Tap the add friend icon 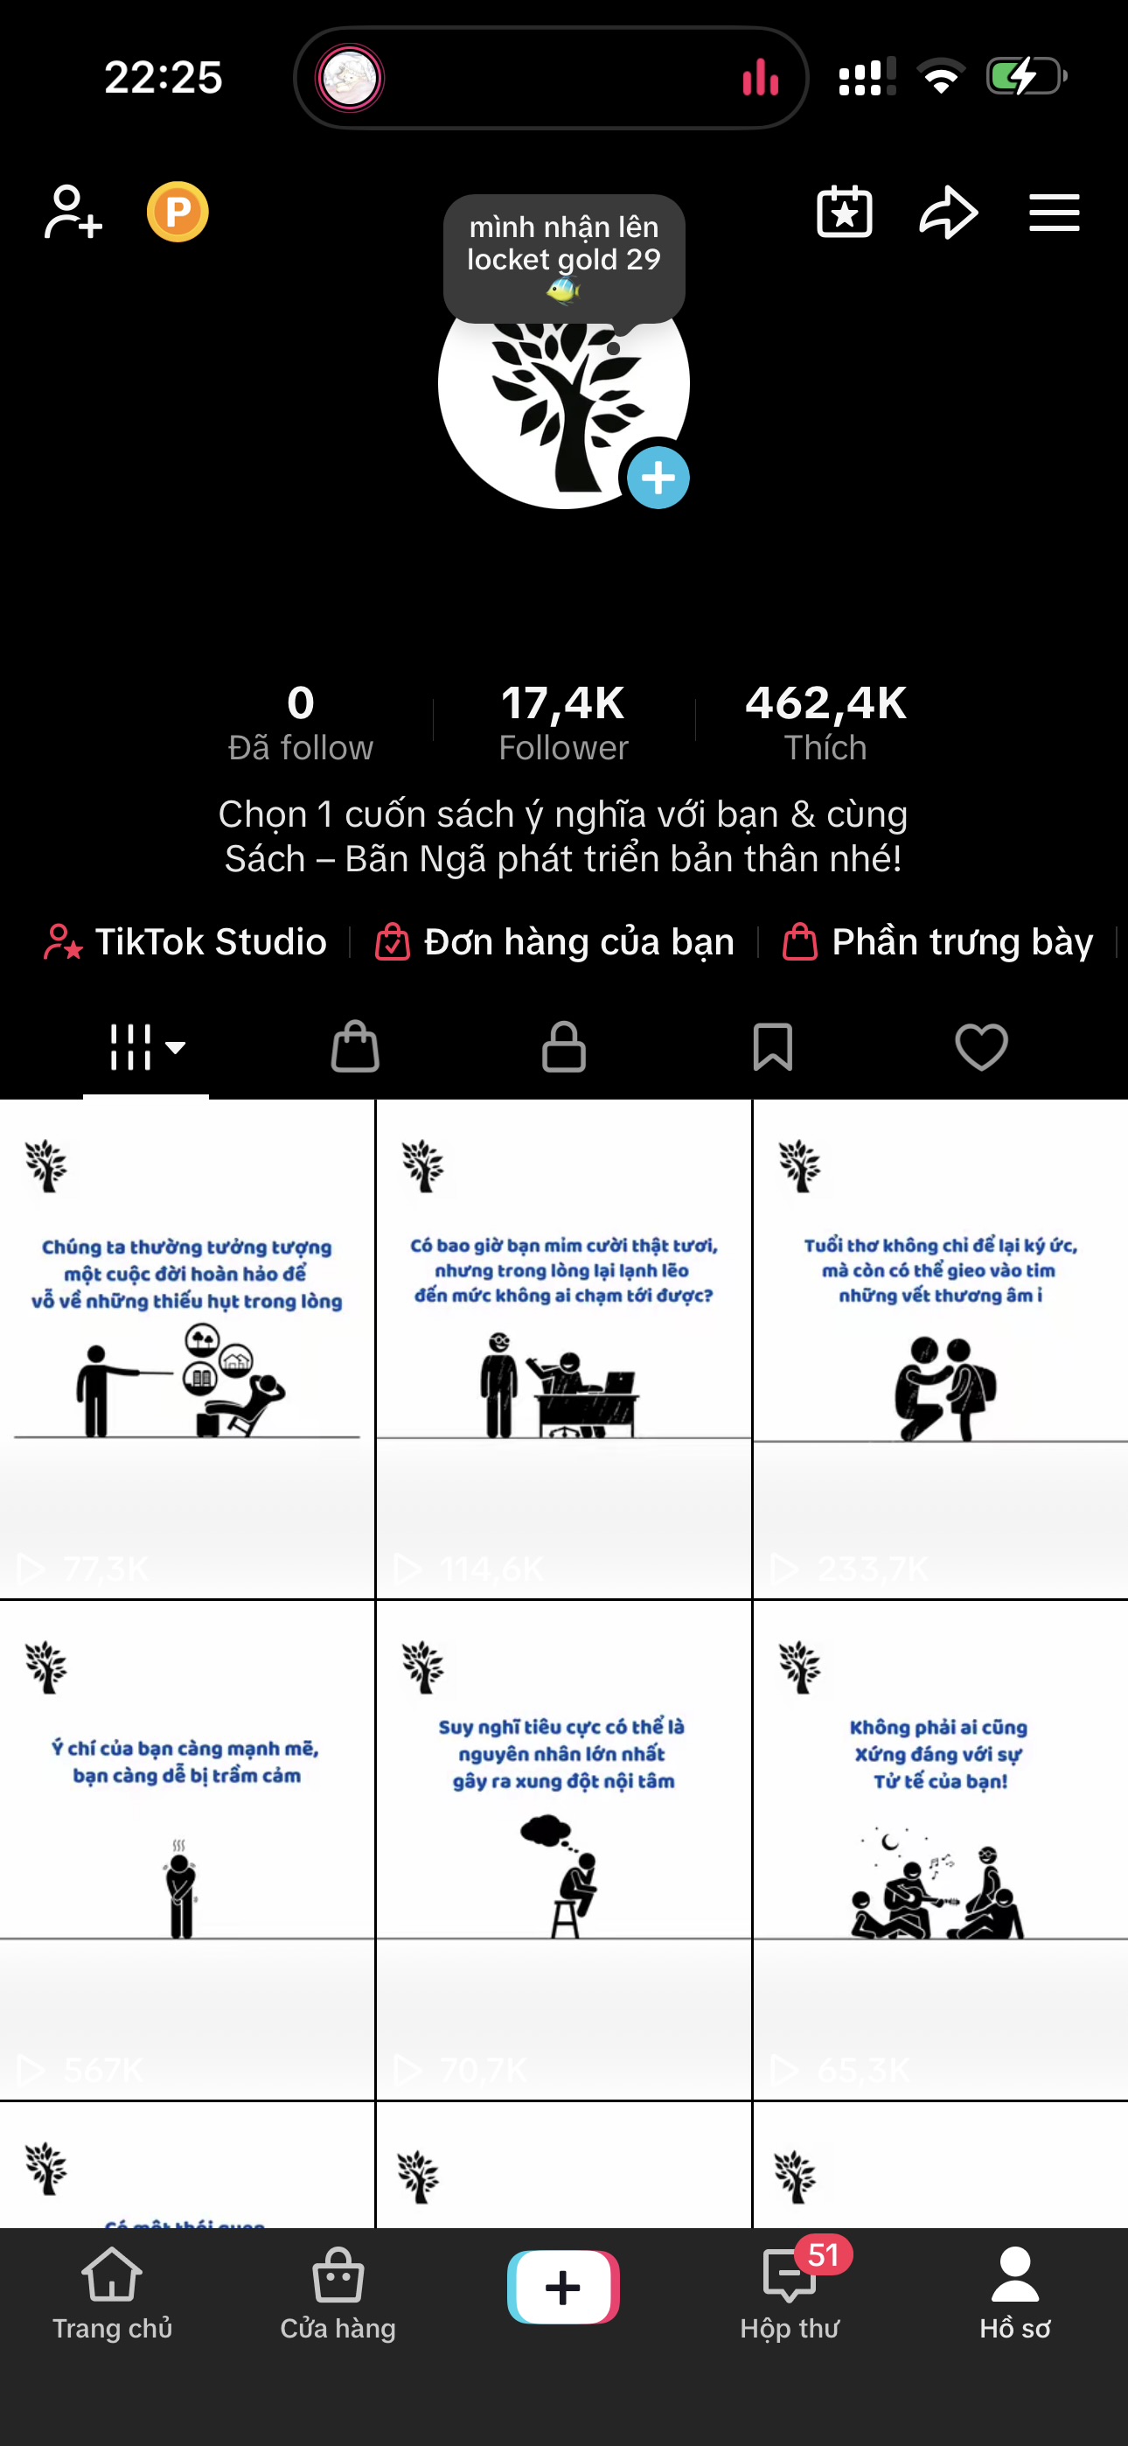73,212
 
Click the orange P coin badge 178,212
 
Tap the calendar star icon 844,212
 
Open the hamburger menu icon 1054,212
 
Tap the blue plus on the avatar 658,478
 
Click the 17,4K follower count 563,703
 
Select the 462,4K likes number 825,703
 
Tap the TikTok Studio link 187,942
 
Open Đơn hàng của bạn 555,942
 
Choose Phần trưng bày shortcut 938,942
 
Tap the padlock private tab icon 564,1047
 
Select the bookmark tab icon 772,1047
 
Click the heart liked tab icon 981,1047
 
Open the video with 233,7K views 940,1348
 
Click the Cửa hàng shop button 338,2292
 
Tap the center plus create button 563,2288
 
